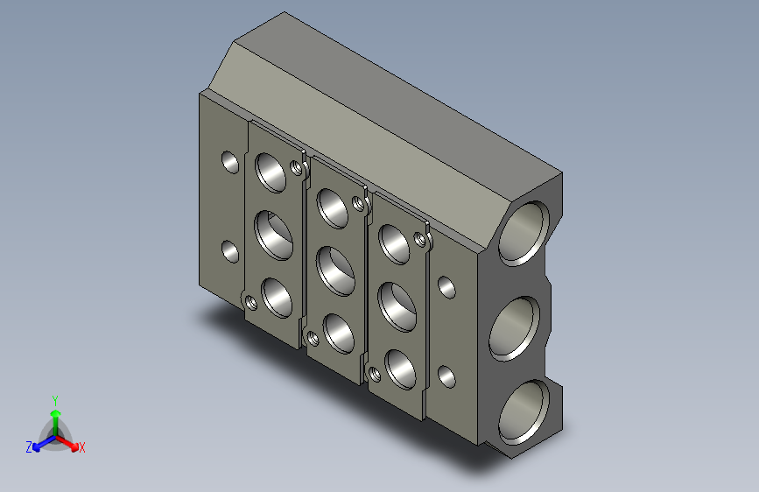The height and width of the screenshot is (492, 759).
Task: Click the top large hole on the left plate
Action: [271, 172]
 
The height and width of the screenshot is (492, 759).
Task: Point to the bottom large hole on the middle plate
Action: [337, 332]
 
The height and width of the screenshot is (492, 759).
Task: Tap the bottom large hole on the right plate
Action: [399, 369]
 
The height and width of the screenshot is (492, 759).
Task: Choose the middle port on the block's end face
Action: [512, 328]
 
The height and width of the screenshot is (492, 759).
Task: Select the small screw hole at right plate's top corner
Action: [422, 238]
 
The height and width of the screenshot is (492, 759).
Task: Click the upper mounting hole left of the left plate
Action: [230, 162]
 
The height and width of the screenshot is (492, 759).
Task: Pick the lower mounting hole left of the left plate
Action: [230, 252]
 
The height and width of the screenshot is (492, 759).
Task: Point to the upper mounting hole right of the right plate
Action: [446, 286]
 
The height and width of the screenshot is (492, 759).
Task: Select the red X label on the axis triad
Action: [82, 448]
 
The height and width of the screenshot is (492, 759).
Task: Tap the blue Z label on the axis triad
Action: [29, 447]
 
